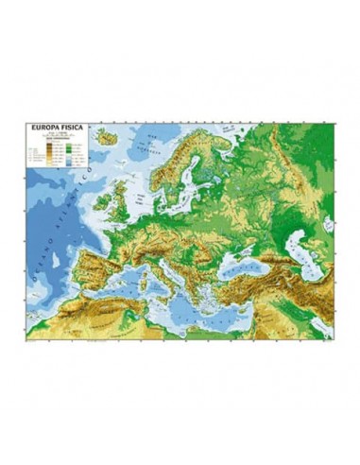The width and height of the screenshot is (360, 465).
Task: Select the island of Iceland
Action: click(x=110, y=141)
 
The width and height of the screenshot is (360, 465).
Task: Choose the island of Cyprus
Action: click(x=267, y=305)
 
